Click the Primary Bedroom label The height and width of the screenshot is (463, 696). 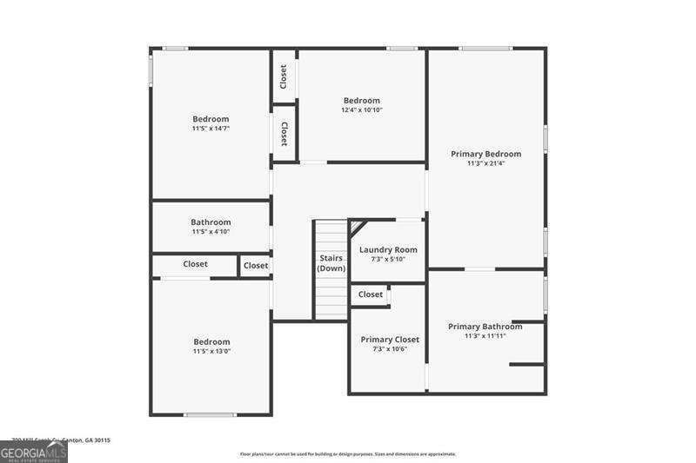pos(485,154)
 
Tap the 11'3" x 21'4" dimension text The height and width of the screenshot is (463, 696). pos(485,163)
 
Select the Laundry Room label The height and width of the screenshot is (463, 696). pos(388,249)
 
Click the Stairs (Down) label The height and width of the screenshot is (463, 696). pos(331,263)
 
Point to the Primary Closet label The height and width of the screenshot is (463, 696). pos(390,340)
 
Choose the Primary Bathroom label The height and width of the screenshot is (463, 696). pos(485,327)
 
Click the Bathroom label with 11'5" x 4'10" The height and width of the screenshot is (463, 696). pos(211,222)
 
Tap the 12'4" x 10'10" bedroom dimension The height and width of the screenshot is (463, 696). pos(362,110)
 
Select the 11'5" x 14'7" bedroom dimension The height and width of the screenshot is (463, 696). pos(211,129)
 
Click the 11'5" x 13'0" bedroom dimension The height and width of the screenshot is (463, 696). pos(211,352)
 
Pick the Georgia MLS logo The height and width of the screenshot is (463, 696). pos(33,452)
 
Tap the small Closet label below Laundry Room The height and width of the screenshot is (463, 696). pos(371,294)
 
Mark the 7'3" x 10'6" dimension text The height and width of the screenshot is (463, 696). pos(390,349)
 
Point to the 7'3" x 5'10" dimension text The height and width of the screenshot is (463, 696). pos(388,259)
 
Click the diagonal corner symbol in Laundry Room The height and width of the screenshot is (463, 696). pos(357,226)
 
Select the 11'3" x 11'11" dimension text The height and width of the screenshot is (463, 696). pos(485,336)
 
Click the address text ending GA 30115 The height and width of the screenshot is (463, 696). pos(61,440)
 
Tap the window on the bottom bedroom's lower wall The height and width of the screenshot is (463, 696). pos(210,414)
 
